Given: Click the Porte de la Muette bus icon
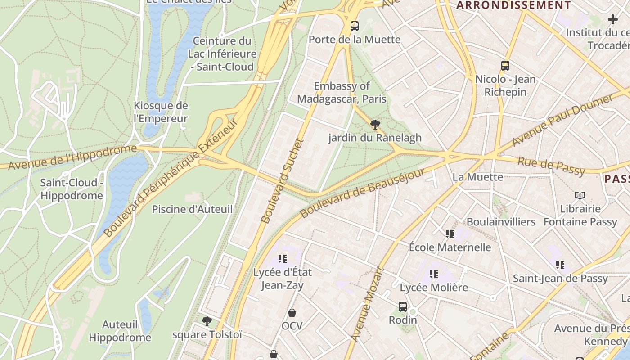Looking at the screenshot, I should [355, 26].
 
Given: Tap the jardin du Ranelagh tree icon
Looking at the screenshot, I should [374, 124].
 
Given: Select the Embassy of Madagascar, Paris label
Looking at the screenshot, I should [342, 92].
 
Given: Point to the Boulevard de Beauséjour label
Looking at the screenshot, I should [362, 193].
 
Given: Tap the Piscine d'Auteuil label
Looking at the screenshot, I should [192, 209].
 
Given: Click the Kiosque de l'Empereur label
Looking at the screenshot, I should [161, 112].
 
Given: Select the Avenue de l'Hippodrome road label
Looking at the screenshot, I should [72, 157].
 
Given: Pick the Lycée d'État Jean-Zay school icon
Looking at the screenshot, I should [283, 259].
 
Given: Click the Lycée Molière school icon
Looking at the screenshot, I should [434, 274].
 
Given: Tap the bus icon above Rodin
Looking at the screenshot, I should [403, 306].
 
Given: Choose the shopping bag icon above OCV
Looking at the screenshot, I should [292, 312].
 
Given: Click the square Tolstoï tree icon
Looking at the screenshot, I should [207, 321].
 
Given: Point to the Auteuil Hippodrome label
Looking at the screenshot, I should [120, 331].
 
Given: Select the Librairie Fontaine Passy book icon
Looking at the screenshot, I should [580, 195].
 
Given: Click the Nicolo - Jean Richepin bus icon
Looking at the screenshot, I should [505, 66].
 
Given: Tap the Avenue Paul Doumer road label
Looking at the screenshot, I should [562, 121].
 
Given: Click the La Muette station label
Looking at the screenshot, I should [477, 177].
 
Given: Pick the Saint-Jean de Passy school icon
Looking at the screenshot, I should [560, 265].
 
